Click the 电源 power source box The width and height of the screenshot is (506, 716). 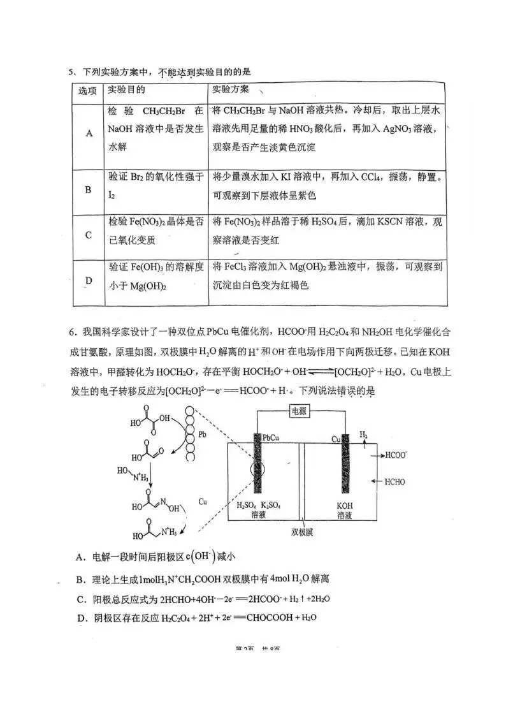click(x=300, y=412)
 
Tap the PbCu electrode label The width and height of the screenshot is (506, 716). click(x=272, y=439)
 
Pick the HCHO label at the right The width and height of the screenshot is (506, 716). click(x=394, y=482)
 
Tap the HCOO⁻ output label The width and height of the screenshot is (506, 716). click(x=396, y=457)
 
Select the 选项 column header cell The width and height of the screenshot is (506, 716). click(x=88, y=91)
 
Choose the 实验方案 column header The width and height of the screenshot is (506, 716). click(x=231, y=89)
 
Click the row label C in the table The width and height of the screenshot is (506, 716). click(x=89, y=235)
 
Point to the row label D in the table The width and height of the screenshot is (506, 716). click(x=89, y=281)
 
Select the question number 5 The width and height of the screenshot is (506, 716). click(x=72, y=71)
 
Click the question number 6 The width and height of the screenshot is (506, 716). click(x=73, y=332)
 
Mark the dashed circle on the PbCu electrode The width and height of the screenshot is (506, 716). click(x=258, y=473)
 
